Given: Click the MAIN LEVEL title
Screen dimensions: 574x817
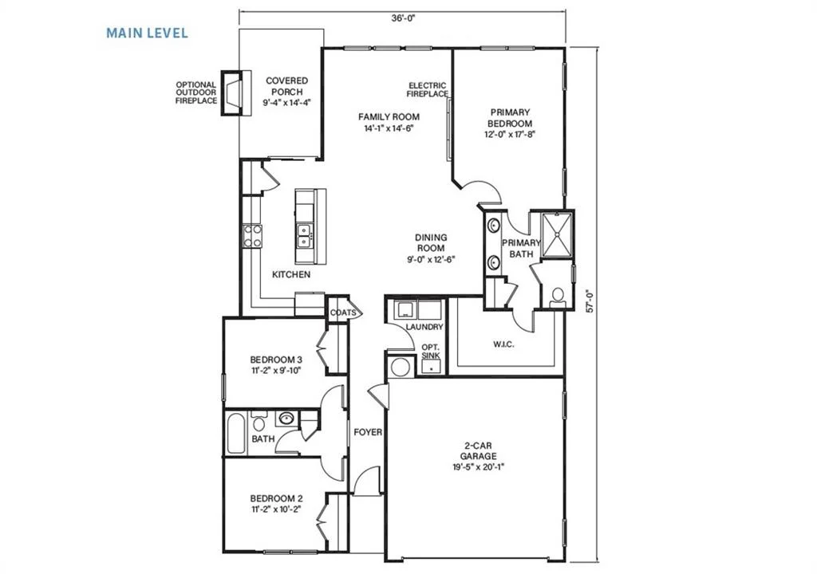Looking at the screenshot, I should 147,33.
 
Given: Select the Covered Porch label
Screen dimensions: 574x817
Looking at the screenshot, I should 286,86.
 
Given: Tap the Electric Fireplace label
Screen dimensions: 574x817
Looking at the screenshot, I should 427,89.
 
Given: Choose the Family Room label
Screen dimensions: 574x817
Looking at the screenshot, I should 389,117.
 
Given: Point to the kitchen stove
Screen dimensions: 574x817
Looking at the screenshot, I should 253,235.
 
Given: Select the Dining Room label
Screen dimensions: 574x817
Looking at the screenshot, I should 430,242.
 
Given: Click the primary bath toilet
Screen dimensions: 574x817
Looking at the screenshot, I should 557,297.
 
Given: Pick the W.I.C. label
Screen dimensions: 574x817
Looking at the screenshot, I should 503,344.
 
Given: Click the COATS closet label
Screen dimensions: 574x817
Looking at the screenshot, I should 343,313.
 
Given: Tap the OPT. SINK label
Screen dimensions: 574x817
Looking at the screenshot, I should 431,352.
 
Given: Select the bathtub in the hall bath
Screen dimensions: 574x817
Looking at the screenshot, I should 235,434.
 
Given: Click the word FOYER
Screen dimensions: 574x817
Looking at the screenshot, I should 368,432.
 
